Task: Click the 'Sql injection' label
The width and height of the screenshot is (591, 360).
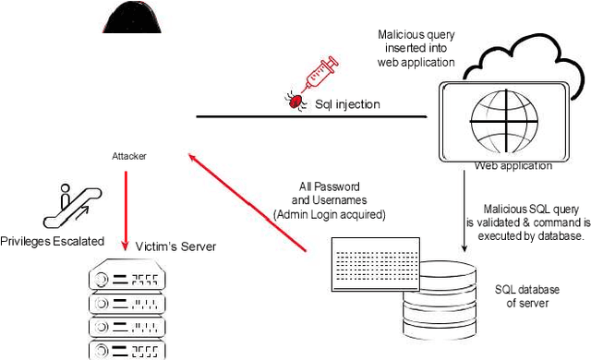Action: pos(346,104)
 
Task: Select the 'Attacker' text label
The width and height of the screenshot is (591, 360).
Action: pos(129,157)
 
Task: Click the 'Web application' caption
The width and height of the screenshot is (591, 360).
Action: pos(513,166)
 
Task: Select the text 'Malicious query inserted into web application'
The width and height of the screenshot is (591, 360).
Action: pos(416,48)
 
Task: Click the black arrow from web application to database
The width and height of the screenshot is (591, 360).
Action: pos(462,212)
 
